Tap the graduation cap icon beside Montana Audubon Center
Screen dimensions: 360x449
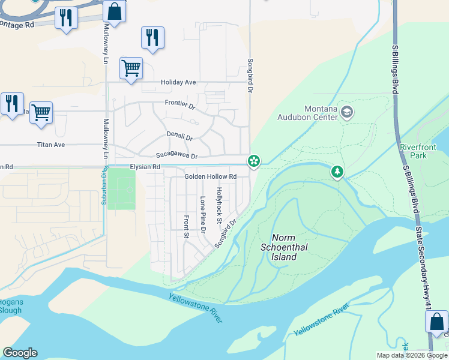[347, 112]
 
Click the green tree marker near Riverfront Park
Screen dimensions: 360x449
[337, 173]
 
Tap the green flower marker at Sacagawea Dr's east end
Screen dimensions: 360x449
[255, 160]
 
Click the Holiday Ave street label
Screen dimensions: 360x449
[178, 82]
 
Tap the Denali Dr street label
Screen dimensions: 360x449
[179, 137]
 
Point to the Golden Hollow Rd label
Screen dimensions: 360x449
[210, 176]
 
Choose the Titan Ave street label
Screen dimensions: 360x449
[51, 145]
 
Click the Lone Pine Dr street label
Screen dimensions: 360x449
[203, 214]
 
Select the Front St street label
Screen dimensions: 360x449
[187, 227]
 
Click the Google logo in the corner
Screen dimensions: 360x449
[20, 353]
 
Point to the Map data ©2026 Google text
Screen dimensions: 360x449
[411, 355]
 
